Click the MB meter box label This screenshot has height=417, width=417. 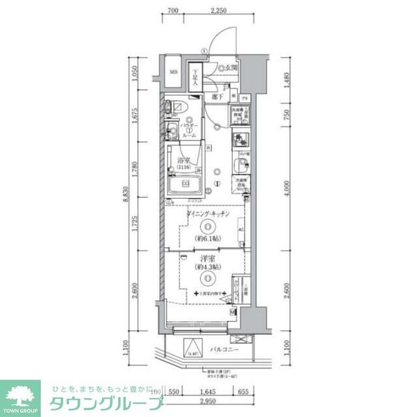pyautogui.click(x=174, y=71)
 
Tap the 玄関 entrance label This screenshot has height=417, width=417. pyautogui.click(x=230, y=69)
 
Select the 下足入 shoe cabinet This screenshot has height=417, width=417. pyautogui.click(x=197, y=76)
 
